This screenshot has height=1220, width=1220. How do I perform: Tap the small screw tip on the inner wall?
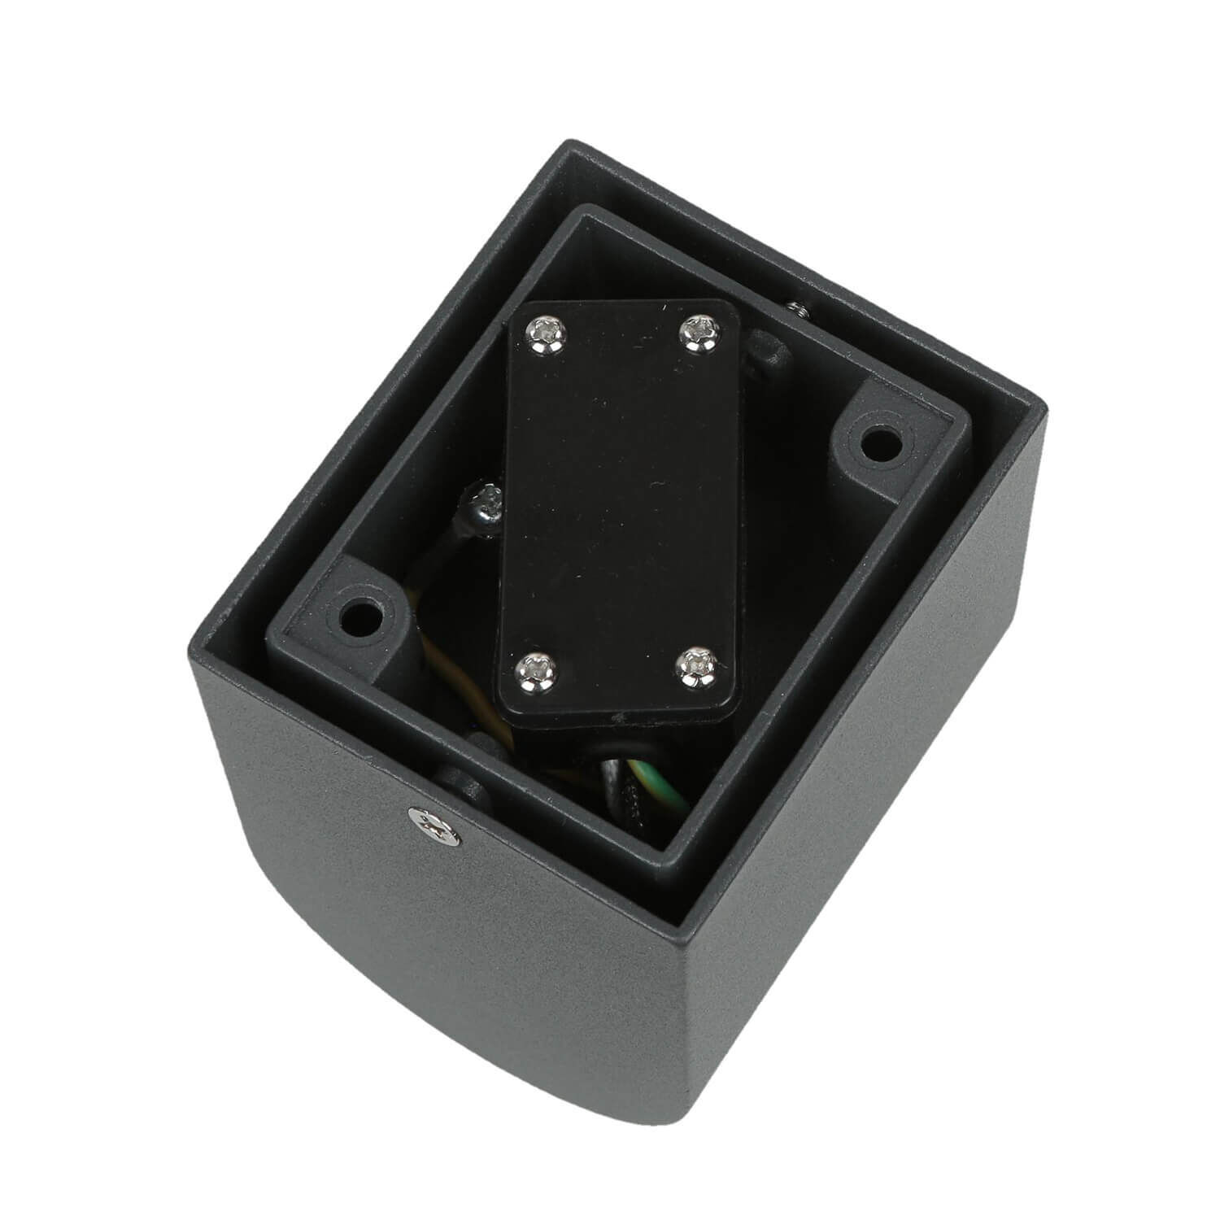[x=795, y=307]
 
